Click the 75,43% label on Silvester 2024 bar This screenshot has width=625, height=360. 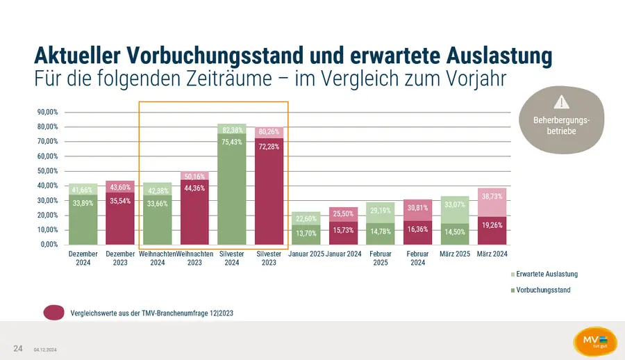(x=232, y=142)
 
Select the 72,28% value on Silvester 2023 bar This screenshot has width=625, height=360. (x=269, y=147)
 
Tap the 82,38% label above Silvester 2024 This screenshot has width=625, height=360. (x=232, y=130)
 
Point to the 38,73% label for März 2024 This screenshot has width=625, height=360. (x=492, y=197)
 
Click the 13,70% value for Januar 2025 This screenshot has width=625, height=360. (x=306, y=233)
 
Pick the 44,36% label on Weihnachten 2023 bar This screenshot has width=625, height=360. (x=194, y=188)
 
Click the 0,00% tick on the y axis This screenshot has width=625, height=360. (x=49, y=244)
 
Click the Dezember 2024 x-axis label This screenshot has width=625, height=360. (x=83, y=259)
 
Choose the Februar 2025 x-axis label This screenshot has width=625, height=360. (x=380, y=259)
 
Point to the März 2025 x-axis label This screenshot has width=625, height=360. (x=455, y=254)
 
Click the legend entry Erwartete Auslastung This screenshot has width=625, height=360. (x=547, y=274)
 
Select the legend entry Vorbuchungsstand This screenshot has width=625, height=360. (x=543, y=290)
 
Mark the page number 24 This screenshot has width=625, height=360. (x=18, y=347)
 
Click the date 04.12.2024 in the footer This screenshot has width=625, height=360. (x=45, y=349)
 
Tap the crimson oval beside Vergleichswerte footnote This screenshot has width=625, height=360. (x=54, y=313)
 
